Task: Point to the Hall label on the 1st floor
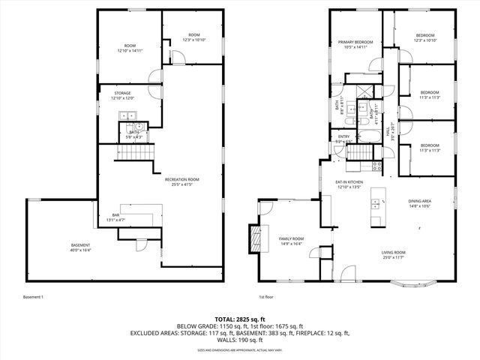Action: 388,128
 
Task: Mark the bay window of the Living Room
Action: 413,286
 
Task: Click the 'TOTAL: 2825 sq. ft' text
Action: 239,319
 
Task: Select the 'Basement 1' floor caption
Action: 33,297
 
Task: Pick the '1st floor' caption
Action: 266,297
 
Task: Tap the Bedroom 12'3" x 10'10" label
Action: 425,38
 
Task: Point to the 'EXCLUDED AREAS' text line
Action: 239,333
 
